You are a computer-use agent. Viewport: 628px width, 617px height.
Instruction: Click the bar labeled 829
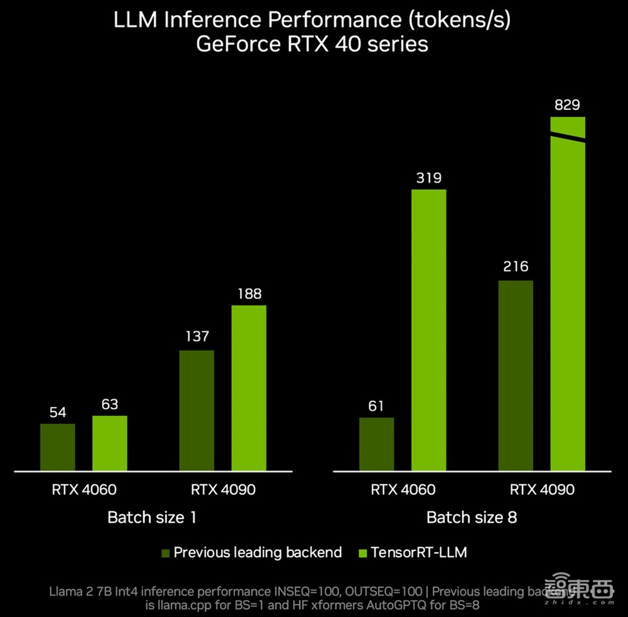[568, 302]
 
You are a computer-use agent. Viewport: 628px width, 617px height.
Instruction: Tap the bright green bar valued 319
[429, 329]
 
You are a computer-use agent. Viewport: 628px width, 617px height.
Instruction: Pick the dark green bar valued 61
[377, 444]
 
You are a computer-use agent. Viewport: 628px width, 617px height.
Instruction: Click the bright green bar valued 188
[249, 388]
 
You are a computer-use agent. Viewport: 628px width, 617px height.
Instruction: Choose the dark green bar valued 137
[197, 410]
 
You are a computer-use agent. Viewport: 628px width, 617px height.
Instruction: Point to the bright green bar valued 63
[110, 442]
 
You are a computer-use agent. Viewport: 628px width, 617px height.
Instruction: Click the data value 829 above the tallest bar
[568, 105]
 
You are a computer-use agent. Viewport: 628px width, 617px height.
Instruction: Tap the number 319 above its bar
[429, 178]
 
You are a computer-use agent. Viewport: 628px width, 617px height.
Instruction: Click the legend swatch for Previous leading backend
[166, 553]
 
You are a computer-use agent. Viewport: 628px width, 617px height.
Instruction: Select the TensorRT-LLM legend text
[419, 553]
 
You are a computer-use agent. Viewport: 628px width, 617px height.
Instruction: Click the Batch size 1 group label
[152, 518]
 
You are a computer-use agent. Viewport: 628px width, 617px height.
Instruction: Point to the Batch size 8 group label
[472, 518]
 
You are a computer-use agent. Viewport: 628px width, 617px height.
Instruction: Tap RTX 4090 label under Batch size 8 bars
[542, 489]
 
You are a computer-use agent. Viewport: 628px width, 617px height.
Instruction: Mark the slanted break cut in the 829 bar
[568, 137]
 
